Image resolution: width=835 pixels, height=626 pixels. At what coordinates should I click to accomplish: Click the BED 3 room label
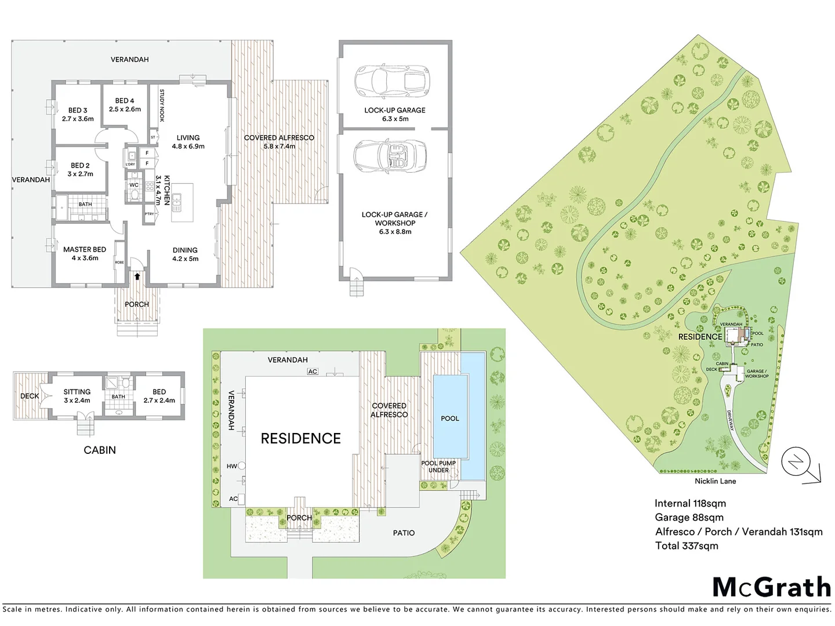pyautogui.click(x=78, y=110)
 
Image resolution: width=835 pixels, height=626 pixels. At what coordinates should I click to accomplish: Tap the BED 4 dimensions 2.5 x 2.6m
pyautogui.click(x=125, y=110)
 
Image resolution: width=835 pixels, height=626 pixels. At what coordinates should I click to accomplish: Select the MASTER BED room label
pyautogui.click(x=85, y=250)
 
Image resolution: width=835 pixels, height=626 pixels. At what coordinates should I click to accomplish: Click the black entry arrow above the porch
pyautogui.click(x=137, y=276)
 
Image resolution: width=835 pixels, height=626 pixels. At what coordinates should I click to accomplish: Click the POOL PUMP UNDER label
pyautogui.click(x=438, y=467)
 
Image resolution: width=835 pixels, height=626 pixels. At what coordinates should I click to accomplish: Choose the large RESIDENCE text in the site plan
pyautogui.click(x=300, y=439)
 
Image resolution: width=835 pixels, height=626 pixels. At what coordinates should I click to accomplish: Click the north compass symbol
pyautogui.click(x=795, y=462)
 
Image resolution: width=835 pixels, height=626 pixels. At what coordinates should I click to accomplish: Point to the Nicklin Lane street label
pyautogui.click(x=715, y=481)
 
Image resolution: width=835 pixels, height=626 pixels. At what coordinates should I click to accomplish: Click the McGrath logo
pyautogui.click(x=771, y=587)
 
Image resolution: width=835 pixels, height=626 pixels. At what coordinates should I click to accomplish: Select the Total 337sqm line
pyautogui.click(x=687, y=546)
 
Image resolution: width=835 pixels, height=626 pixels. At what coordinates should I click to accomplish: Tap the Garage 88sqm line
pyautogui.click(x=689, y=518)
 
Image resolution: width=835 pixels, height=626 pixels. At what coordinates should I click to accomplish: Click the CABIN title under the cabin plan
pyautogui.click(x=100, y=450)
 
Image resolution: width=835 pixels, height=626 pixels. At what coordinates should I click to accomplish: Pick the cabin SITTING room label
pyautogui.click(x=77, y=392)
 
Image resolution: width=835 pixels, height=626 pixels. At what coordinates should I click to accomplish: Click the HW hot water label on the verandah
pyautogui.click(x=232, y=466)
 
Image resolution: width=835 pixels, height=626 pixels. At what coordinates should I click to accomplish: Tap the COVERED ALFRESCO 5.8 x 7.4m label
pyautogui.click(x=279, y=142)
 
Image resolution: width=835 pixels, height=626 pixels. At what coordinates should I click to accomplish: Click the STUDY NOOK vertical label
pyautogui.click(x=162, y=105)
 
